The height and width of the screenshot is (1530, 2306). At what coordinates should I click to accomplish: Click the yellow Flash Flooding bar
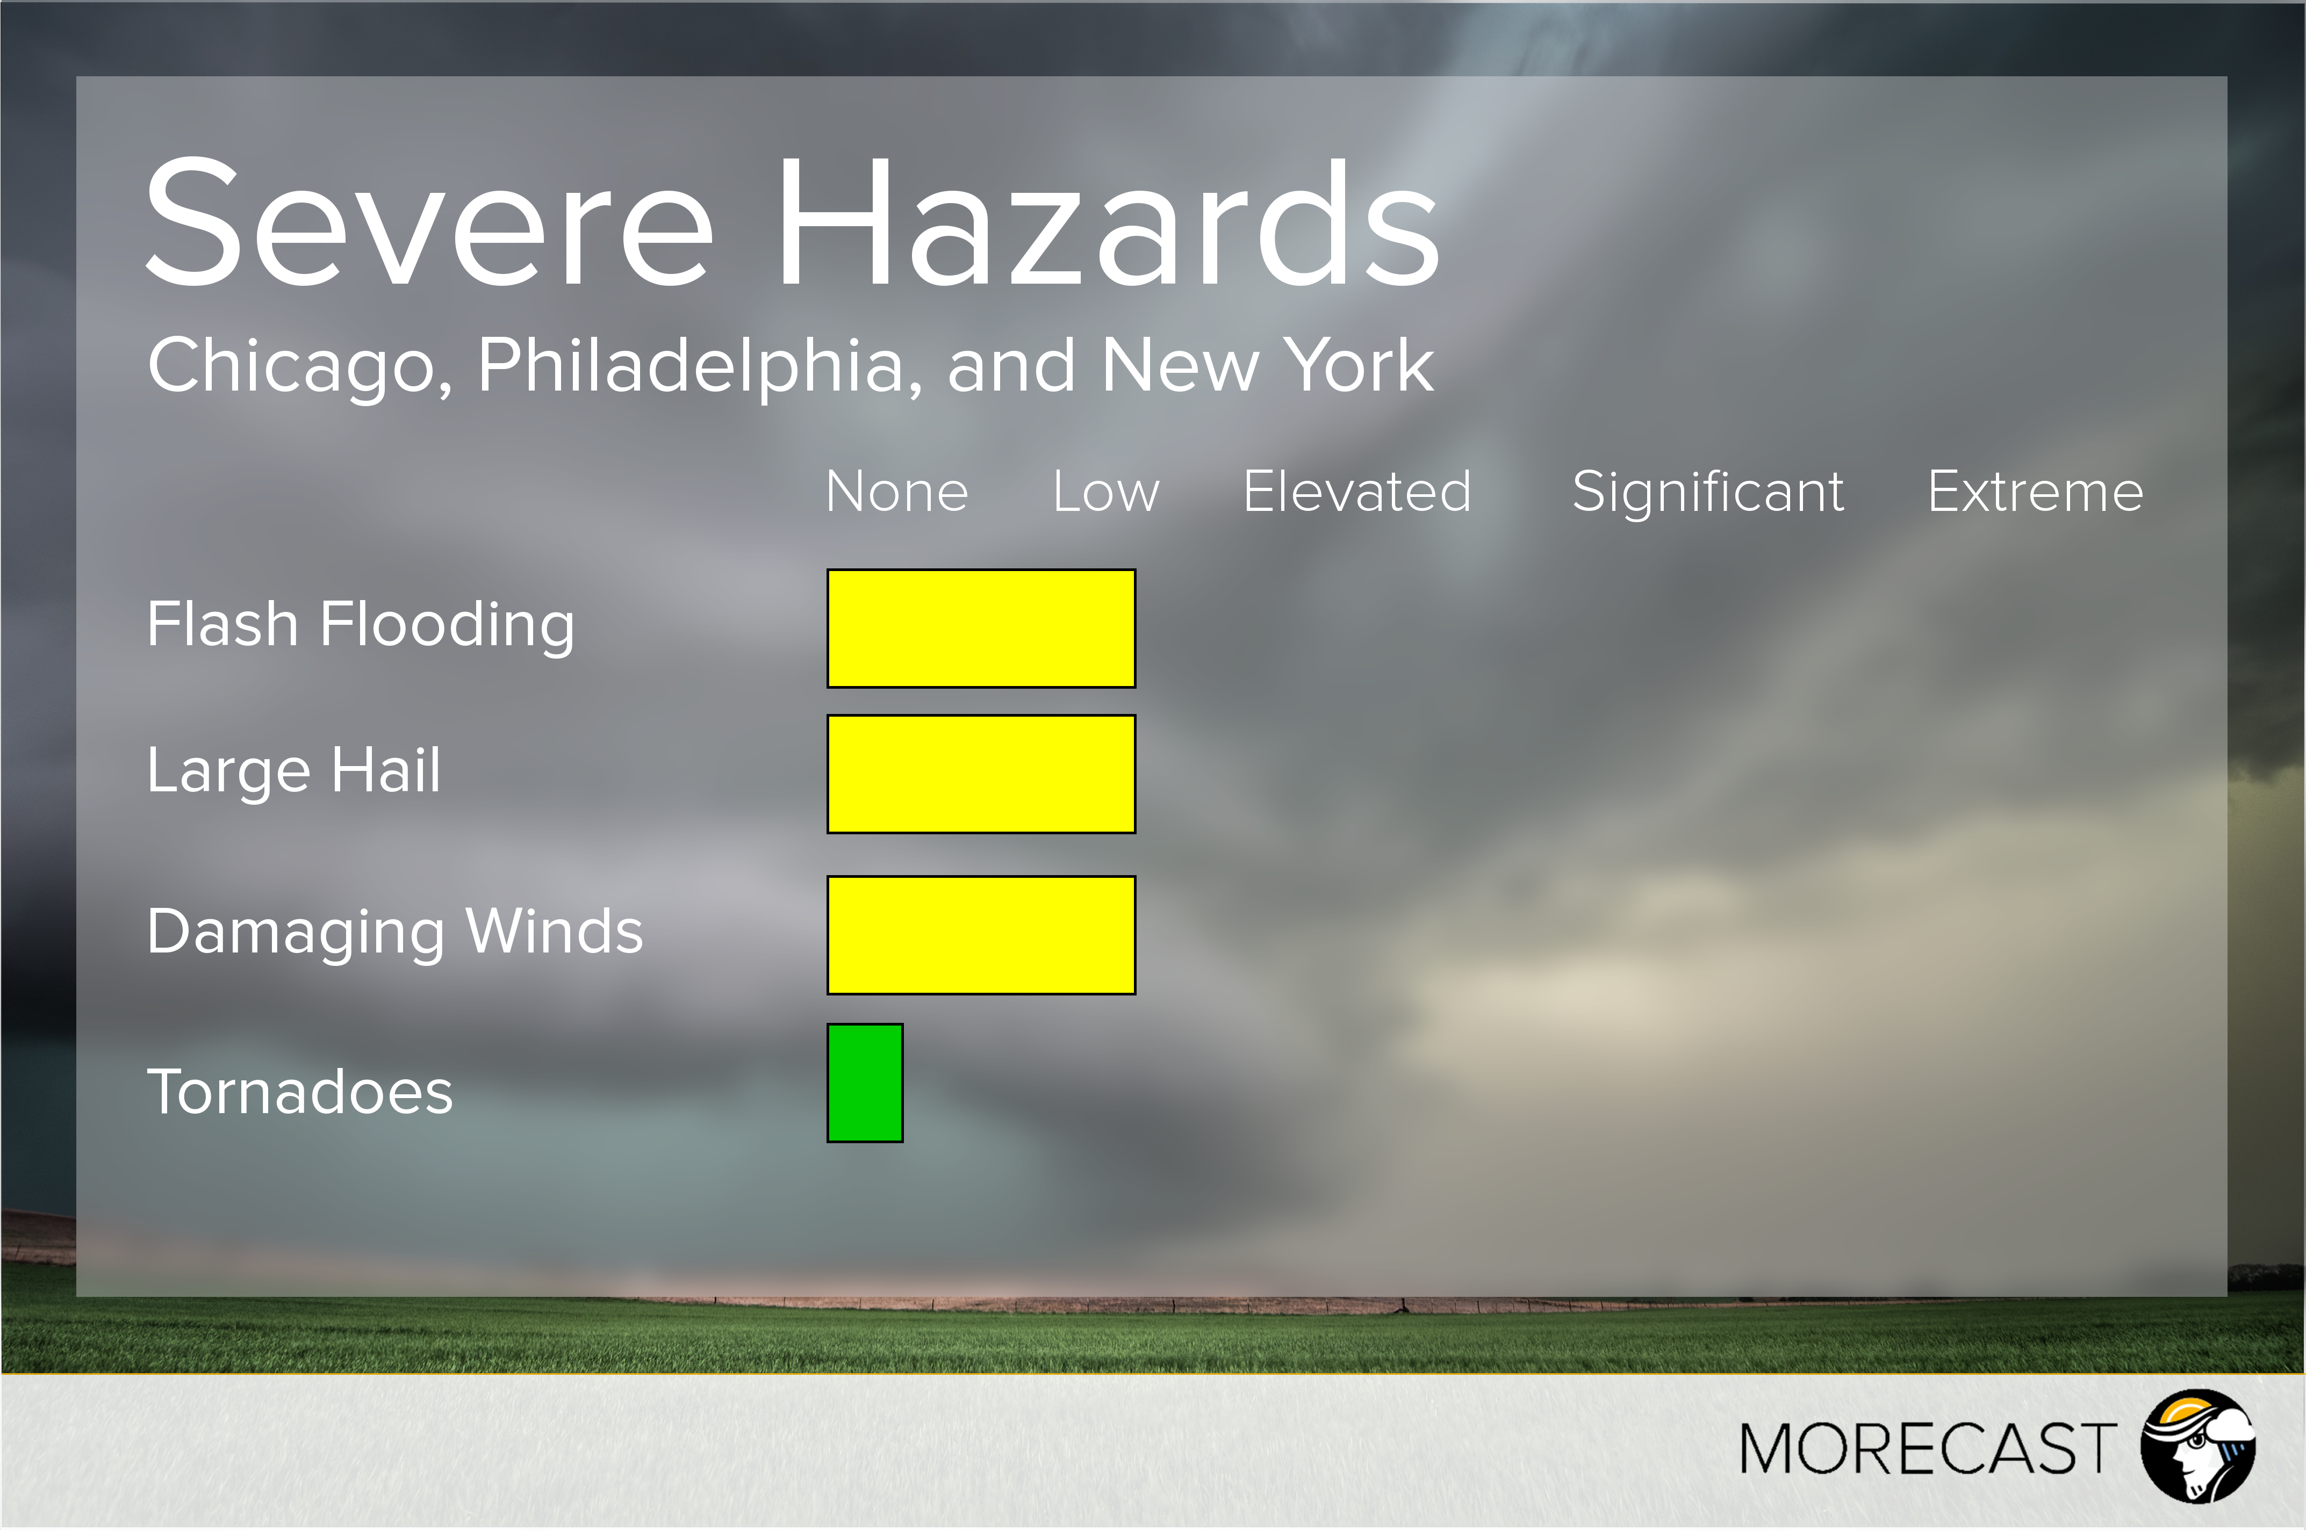[981, 629]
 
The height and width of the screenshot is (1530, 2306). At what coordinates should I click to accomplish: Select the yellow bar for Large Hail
[981, 774]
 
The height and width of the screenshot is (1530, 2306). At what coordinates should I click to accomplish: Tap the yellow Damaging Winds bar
[981, 935]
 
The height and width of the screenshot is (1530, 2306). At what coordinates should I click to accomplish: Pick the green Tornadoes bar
[865, 1082]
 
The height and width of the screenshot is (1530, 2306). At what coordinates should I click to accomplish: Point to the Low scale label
[1105, 491]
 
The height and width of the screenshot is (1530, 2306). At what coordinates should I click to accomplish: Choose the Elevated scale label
[1356, 491]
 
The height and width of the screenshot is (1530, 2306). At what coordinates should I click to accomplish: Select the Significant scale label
[1708, 492]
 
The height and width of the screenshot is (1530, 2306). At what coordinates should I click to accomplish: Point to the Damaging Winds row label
[395, 933]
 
